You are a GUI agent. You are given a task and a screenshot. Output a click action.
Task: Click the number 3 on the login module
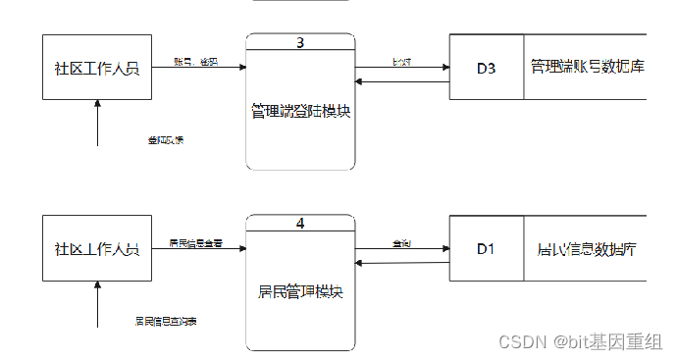coord(300,42)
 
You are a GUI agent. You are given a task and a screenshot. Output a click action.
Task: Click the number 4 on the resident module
coord(300,223)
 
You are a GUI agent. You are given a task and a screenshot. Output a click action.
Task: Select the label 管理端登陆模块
coord(300,111)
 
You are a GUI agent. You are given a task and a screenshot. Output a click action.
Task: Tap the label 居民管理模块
coord(300,291)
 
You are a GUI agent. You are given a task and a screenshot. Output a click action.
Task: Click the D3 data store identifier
coord(487,68)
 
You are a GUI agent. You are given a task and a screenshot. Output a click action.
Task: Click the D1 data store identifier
coord(486,248)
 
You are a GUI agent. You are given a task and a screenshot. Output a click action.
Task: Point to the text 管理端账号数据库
coord(587,68)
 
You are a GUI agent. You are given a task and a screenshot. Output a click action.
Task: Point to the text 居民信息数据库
coord(587,248)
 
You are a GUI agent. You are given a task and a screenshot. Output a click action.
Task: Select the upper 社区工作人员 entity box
coord(97,68)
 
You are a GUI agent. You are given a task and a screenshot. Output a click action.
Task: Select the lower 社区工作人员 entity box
coord(97,248)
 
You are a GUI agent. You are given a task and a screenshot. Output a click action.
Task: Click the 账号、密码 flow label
coord(195,61)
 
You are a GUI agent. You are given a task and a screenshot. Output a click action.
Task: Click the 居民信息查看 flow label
coord(195,241)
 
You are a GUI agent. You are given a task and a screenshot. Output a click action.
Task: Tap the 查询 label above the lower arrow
coord(401,241)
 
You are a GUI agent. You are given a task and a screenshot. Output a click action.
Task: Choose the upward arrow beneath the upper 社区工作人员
coord(97,123)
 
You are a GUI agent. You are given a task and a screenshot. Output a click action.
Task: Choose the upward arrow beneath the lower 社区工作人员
coord(97,304)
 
